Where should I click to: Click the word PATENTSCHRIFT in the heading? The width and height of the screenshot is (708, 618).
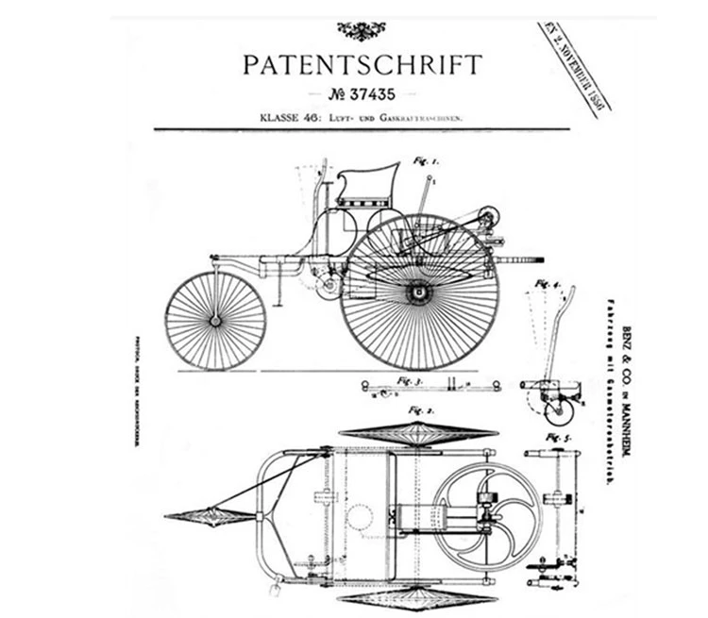(362, 65)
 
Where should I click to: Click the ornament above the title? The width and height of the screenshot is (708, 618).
(362, 30)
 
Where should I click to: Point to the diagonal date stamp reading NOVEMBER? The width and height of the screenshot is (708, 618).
(577, 68)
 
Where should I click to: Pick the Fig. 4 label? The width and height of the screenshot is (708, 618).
(548, 283)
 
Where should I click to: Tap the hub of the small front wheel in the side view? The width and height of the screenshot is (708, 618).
(215, 321)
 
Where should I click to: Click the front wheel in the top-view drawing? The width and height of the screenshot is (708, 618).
(210, 516)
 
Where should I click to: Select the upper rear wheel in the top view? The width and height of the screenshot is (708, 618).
(418, 434)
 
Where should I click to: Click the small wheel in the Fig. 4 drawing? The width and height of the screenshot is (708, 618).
(560, 409)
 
